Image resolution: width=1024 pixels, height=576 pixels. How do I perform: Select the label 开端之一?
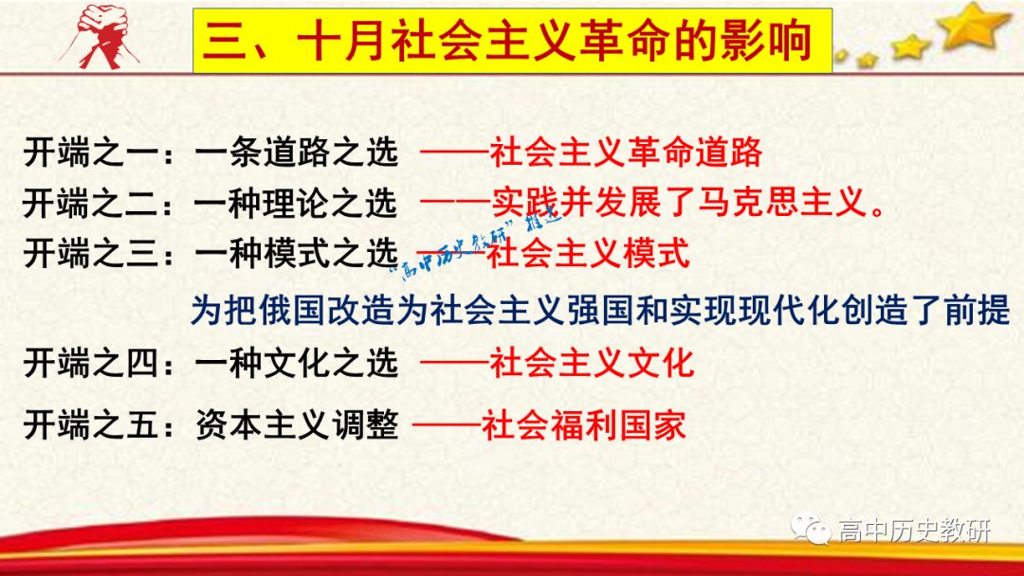coord(91,153)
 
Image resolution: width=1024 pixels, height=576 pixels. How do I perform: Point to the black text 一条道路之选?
coord(296,153)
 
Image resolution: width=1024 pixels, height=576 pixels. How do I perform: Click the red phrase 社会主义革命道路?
coord(626,153)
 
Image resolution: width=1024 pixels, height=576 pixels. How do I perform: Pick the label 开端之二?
coord(91,203)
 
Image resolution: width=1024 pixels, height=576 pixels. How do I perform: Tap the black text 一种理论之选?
coord(296,203)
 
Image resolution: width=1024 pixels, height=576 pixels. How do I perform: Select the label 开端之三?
coord(91,253)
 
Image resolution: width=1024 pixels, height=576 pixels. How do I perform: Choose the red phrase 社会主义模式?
coord(588,253)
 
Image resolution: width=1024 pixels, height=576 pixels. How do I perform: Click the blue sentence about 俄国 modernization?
coord(600,310)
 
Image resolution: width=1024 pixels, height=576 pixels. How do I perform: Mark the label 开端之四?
coord(91,363)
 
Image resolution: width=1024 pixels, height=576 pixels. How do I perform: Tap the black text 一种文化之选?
coord(296,363)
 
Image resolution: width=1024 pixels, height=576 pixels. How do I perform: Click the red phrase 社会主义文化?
coord(592,363)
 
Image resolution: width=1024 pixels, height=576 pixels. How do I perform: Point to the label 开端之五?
coord(91,425)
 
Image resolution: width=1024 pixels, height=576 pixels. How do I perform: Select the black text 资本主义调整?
coord(297,425)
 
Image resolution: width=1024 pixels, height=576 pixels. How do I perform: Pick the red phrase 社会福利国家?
coord(583,425)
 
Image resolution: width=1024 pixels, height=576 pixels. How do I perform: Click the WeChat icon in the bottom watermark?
coord(811,528)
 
